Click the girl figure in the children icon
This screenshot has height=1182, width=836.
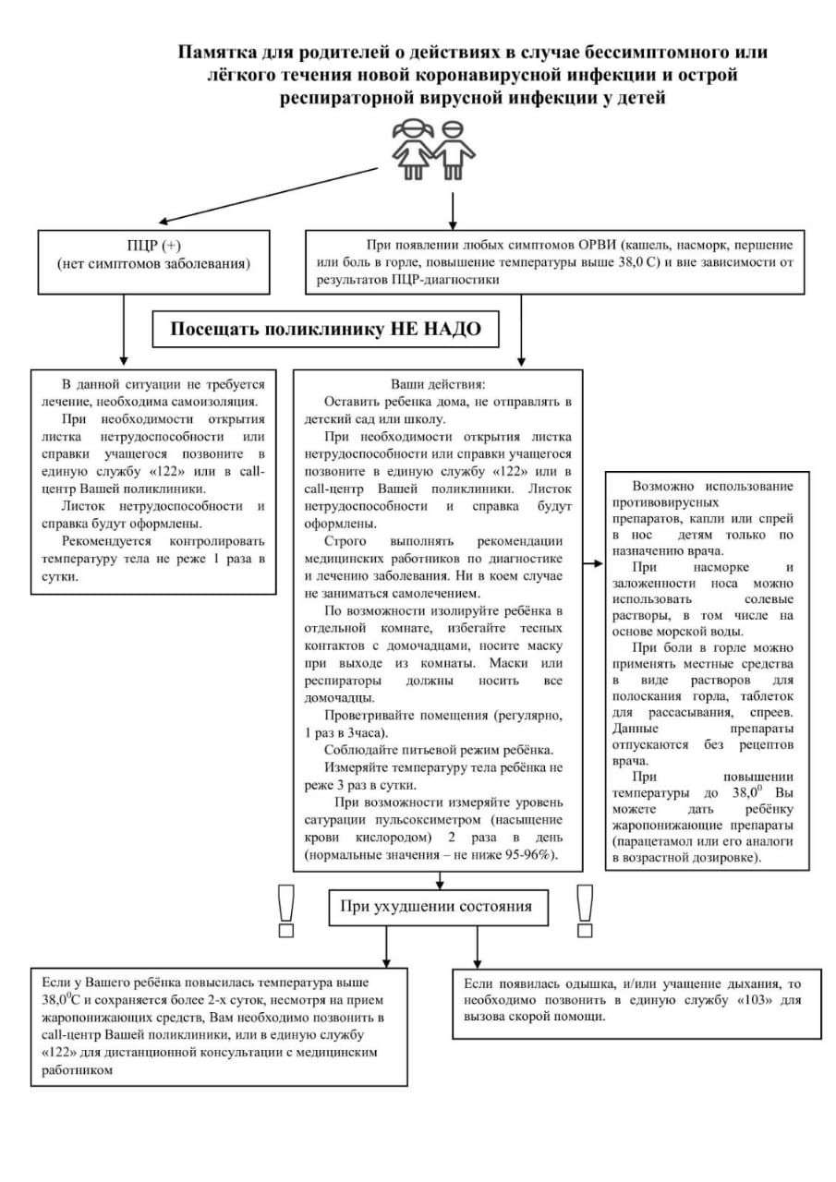[x=410, y=150]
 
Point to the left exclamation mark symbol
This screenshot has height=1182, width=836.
[x=285, y=910]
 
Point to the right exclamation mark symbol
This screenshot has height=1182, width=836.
[x=584, y=910]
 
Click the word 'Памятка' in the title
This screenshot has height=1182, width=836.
[x=218, y=53]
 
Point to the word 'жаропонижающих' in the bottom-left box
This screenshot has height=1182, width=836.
[x=97, y=1017]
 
